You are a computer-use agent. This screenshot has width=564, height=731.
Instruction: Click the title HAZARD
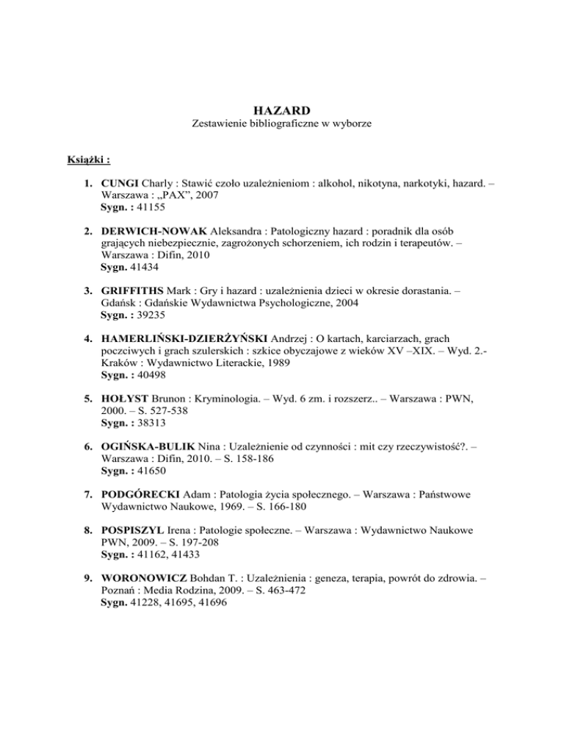click(x=281, y=110)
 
